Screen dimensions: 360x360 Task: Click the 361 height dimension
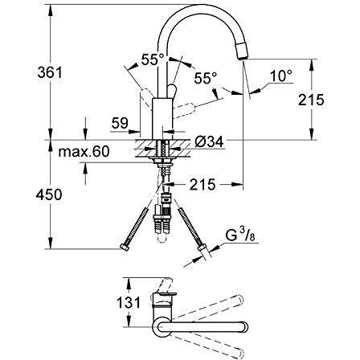(50, 72)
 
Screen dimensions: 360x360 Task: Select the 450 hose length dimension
(49, 194)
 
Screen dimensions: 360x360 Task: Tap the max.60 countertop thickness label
(84, 151)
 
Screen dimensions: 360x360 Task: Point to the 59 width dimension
(120, 123)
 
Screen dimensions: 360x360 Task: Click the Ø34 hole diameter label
(209, 141)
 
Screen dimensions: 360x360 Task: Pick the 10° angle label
(280, 76)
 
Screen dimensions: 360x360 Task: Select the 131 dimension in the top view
(129, 303)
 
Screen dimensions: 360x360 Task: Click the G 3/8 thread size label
(239, 235)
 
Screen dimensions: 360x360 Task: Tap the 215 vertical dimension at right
(311, 100)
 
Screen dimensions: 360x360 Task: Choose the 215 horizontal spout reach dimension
(202, 184)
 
